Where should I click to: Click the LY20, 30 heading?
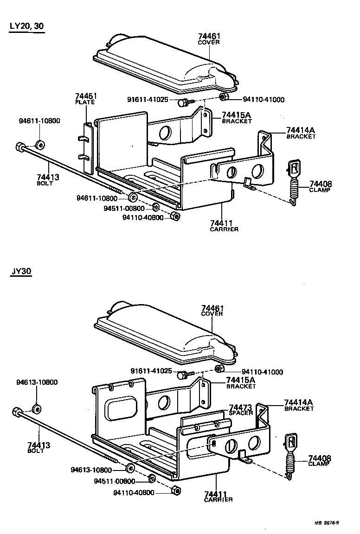[27, 26]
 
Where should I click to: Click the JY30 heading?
[21, 272]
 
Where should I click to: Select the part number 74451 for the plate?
[86, 96]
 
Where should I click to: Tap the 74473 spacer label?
[241, 407]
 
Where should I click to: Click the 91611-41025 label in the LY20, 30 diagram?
[151, 100]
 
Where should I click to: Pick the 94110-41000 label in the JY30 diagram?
[263, 372]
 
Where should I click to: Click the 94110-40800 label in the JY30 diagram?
[134, 492]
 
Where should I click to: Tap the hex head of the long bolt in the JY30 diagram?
[17, 412]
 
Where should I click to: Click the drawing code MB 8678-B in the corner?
[327, 522]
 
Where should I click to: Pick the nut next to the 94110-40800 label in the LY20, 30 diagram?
[175, 216]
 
